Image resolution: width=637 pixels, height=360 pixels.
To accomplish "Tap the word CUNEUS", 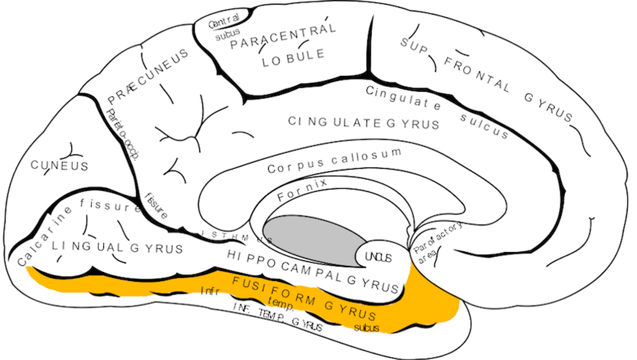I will (59, 165).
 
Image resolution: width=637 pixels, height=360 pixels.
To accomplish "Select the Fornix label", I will (302, 191).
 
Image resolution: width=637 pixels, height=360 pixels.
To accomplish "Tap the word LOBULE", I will (293, 58).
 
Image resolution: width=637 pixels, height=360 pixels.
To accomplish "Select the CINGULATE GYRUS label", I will (364, 122).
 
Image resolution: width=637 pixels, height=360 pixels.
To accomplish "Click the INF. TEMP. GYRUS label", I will (278, 318).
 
